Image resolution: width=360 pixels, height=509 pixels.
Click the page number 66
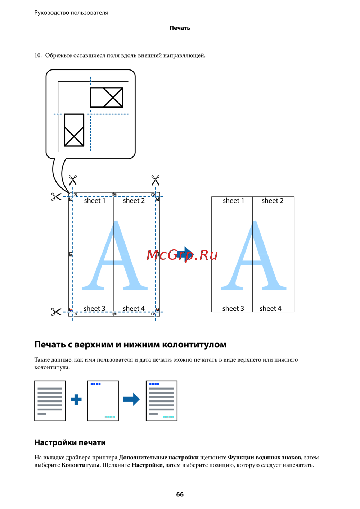(x=180, y=494)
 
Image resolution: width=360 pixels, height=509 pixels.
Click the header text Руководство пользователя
(x=71, y=13)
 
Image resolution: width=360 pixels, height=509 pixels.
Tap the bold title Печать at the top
(x=180, y=28)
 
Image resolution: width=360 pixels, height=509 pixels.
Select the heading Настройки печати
(x=70, y=442)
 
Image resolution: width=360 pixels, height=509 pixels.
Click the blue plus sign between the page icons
(x=76, y=400)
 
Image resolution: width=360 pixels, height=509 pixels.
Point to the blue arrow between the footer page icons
(x=131, y=399)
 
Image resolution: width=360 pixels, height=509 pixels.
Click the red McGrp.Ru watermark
(x=182, y=255)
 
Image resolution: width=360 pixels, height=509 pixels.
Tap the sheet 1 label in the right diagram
(x=233, y=201)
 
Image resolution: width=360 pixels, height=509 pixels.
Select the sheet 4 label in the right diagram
(x=270, y=308)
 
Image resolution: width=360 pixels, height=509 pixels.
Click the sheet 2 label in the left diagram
(x=134, y=201)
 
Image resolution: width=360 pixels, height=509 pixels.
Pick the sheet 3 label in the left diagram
(x=94, y=309)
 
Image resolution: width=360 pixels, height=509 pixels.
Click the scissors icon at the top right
(x=156, y=180)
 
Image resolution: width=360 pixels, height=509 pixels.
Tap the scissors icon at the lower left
(x=56, y=312)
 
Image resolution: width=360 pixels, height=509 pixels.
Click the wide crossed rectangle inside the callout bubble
(x=107, y=97)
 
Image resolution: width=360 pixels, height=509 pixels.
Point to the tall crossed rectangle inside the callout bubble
(x=74, y=130)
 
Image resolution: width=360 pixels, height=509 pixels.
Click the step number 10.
(x=38, y=55)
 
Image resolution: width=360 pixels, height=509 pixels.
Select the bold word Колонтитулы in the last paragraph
(x=80, y=465)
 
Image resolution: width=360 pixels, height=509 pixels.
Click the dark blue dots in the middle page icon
(x=96, y=384)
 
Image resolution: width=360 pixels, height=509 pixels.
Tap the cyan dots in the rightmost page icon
(x=168, y=417)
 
